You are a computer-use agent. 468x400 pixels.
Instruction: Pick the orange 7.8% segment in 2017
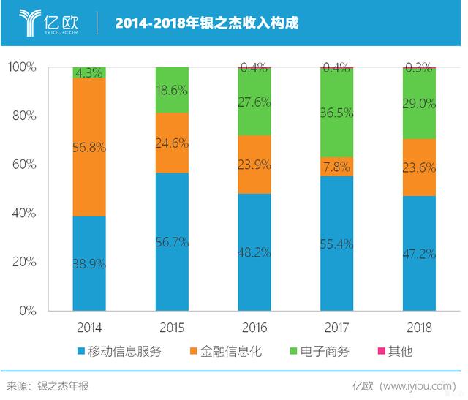pos(337,167)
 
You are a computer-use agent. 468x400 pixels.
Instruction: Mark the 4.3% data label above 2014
pos(89,73)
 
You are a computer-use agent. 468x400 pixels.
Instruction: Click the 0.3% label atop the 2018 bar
pos(420,67)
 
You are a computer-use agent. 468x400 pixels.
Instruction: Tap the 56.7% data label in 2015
pos(172,243)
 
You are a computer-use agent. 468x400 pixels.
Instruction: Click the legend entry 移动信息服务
pos(124,352)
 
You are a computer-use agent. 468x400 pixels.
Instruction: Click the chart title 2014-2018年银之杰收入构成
pos(207,23)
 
